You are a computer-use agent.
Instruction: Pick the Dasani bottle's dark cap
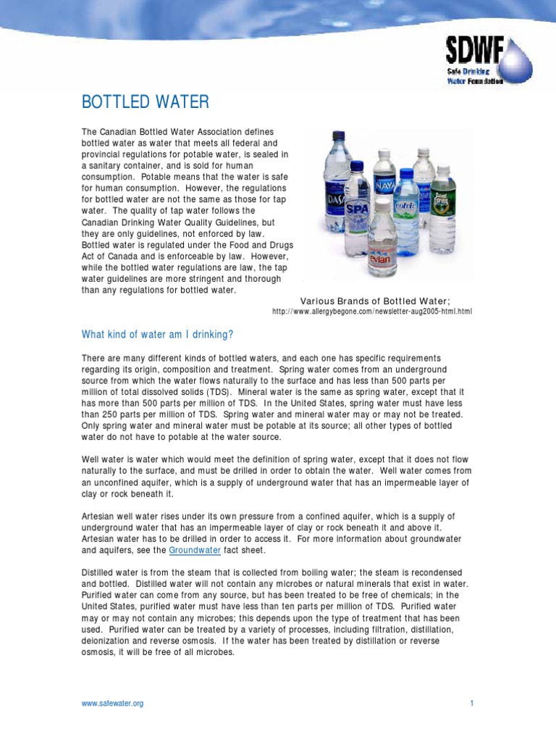[337, 135]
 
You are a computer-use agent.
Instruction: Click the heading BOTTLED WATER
[145, 102]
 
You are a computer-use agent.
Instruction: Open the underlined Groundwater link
[195, 550]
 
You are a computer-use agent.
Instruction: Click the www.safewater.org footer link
[112, 704]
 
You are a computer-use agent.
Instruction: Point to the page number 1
[471, 704]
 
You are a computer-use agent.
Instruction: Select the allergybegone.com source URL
[371, 312]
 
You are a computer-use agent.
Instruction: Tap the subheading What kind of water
[157, 334]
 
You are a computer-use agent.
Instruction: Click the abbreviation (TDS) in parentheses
[208, 391]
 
